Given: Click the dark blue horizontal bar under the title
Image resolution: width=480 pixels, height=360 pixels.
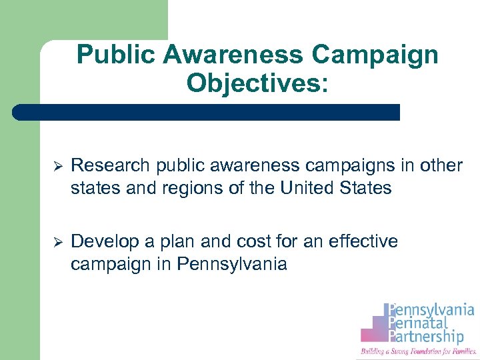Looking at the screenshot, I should [x=207, y=112].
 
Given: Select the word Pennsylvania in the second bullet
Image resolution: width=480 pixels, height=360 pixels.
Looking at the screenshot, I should [x=232, y=264].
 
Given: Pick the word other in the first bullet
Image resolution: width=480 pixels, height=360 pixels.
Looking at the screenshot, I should [x=439, y=165].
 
